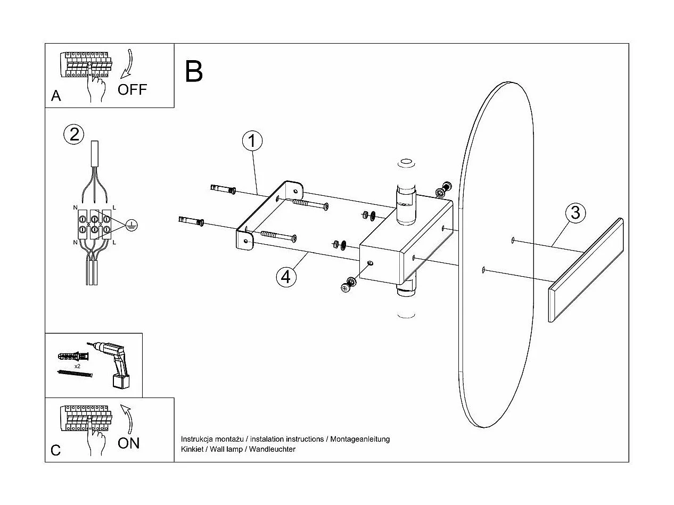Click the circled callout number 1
[252, 142]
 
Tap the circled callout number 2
[74, 134]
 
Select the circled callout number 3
[575, 213]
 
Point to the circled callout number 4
[286, 276]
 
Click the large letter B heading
[194, 71]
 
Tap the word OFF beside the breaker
[132, 89]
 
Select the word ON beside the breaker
[128, 443]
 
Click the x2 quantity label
[77, 367]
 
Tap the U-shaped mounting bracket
[269, 213]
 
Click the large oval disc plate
[495, 255]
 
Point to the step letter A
[56, 96]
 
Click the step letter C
[56, 450]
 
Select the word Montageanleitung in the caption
[360, 439]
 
